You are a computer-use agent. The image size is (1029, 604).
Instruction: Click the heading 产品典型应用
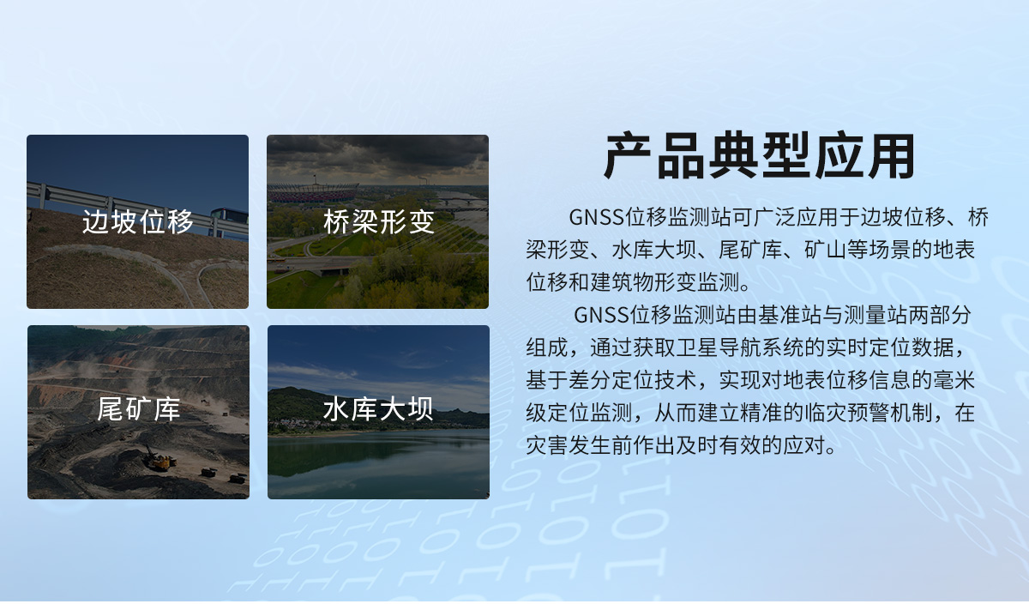760,156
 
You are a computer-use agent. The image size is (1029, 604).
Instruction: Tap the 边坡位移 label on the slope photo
138,222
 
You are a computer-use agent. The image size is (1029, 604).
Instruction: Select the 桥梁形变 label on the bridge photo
378,222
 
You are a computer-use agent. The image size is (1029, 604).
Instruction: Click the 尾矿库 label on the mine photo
138,410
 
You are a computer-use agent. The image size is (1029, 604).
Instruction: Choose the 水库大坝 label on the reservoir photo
378,410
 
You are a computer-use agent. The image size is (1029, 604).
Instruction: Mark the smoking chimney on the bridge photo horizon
423,181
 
